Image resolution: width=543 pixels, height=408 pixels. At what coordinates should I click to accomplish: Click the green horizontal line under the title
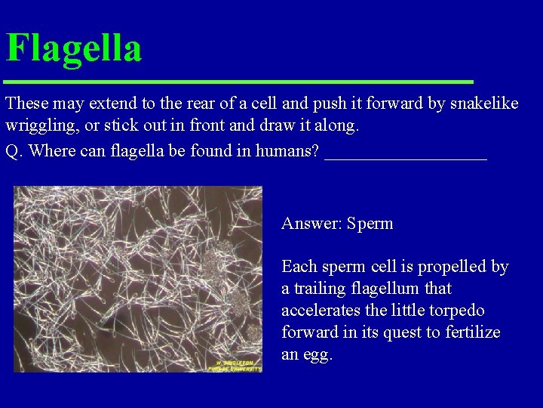click(238, 81)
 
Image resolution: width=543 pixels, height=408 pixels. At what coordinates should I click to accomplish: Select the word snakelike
click(486, 104)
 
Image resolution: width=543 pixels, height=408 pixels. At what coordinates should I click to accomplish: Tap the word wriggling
click(38, 125)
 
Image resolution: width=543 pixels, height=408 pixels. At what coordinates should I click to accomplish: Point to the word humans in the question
click(287, 150)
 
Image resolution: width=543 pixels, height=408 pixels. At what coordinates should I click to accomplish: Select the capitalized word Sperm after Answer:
click(370, 224)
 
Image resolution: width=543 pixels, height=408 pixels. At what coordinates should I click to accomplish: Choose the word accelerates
click(319, 311)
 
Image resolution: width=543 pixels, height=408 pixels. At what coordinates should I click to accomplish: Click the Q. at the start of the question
click(14, 150)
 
